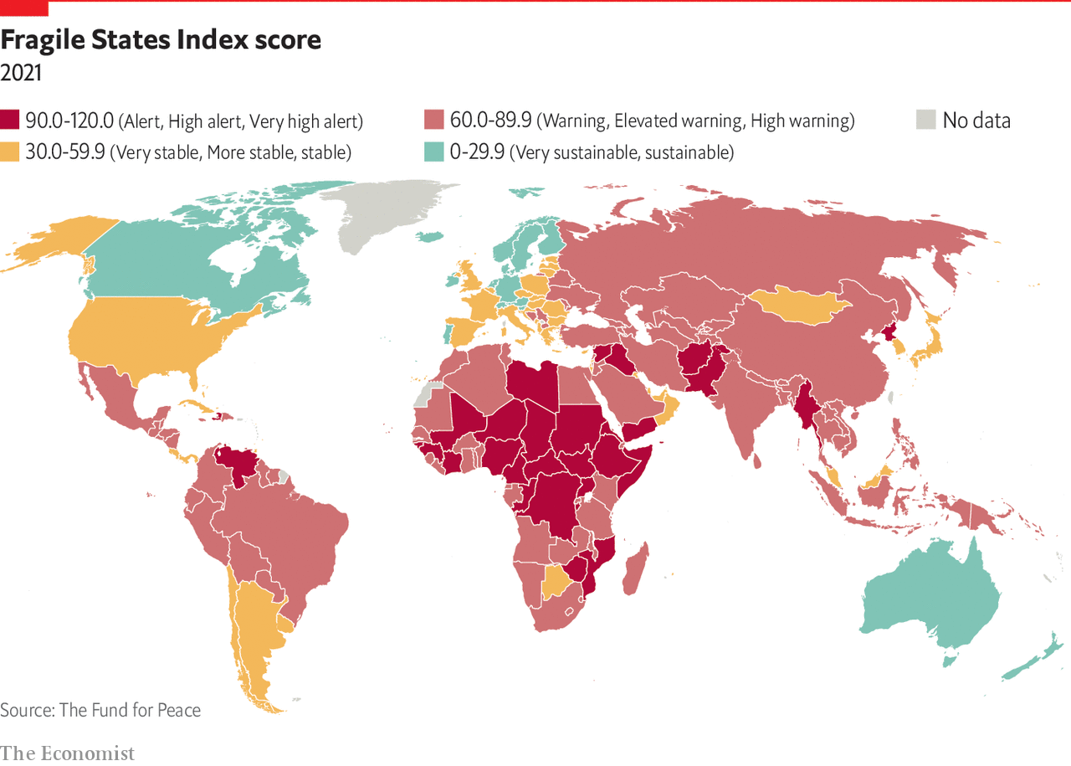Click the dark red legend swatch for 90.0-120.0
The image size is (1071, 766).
(10, 121)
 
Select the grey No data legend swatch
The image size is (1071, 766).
(925, 121)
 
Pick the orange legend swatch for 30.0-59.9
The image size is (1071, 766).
(10, 152)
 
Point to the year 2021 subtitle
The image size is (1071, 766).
(21, 73)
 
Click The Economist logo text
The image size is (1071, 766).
(67, 753)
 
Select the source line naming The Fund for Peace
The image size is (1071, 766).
(100, 710)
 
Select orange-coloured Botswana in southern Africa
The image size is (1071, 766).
(555, 580)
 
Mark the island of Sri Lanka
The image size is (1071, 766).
(757, 459)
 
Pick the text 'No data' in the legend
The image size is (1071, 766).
(976, 121)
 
